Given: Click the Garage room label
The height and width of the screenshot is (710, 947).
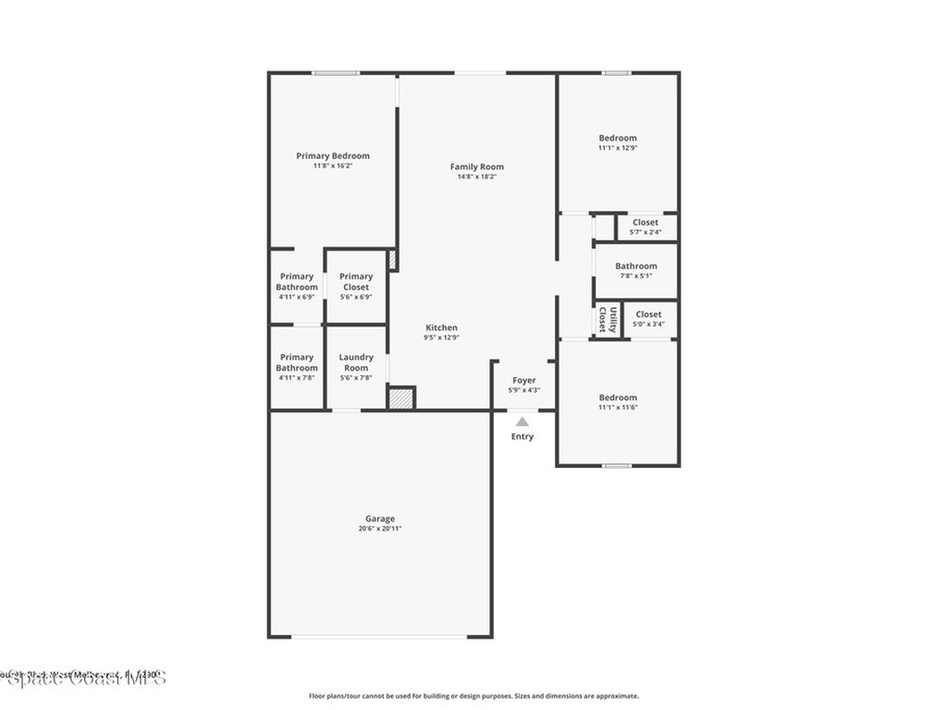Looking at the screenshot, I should pyautogui.click(x=379, y=519).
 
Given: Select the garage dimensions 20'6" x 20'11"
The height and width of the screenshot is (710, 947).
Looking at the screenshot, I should pyautogui.click(x=379, y=529).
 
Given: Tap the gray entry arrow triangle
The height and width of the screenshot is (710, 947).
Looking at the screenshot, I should pyautogui.click(x=523, y=422).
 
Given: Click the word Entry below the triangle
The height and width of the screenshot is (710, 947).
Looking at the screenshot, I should pyautogui.click(x=523, y=436).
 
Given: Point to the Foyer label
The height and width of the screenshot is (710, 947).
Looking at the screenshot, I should pyautogui.click(x=523, y=380).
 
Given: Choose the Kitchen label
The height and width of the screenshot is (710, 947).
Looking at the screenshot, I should pyautogui.click(x=441, y=327).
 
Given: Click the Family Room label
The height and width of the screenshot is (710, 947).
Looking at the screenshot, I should pyautogui.click(x=477, y=166).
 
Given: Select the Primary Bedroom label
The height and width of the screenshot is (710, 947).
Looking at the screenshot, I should pyautogui.click(x=333, y=155).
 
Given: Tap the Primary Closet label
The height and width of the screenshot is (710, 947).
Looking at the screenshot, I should pyautogui.click(x=356, y=281).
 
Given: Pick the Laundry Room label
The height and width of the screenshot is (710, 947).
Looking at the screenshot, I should pyautogui.click(x=356, y=362).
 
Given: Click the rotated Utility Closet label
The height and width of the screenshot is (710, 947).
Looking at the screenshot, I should pyautogui.click(x=606, y=320).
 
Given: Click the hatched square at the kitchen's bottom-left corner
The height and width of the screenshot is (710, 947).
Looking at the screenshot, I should pyautogui.click(x=400, y=398).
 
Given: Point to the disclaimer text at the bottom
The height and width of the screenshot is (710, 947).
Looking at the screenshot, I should pyautogui.click(x=473, y=696).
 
